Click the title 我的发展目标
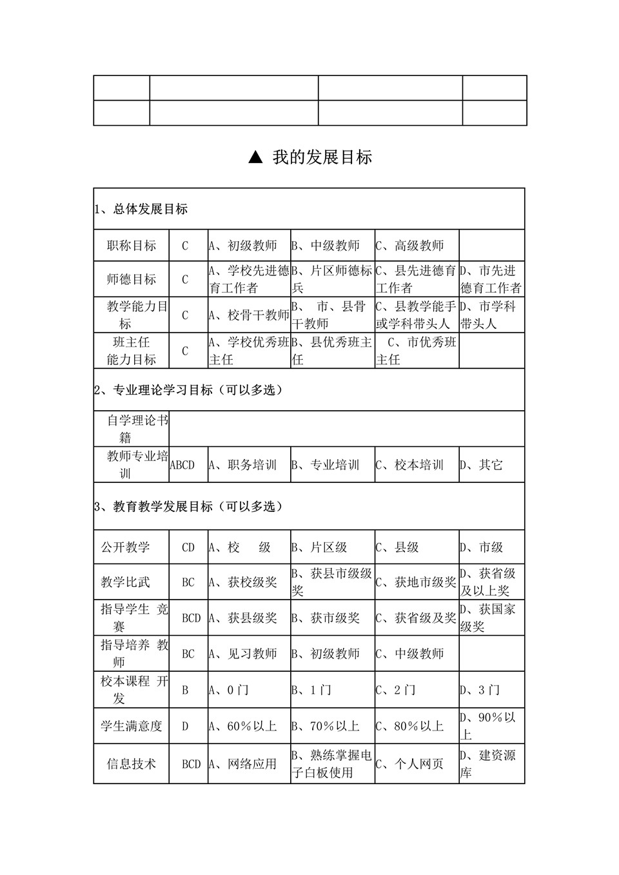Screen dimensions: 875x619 (x=322, y=157)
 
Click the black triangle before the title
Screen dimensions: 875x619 (x=255, y=157)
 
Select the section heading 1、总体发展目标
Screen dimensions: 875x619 (x=141, y=209)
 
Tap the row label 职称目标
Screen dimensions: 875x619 (x=132, y=246)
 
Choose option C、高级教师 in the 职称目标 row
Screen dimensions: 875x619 (x=410, y=246)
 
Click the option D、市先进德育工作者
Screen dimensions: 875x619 (x=491, y=279)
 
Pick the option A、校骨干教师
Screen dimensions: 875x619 (x=249, y=315)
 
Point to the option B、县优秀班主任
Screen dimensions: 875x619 (x=332, y=351)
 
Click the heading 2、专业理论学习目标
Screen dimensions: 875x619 (x=188, y=390)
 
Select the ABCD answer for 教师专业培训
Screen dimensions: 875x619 (x=182, y=465)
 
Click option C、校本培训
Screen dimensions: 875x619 (x=410, y=465)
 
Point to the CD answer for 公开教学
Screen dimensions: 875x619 (x=188, y=547)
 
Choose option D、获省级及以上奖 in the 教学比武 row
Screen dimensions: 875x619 (x=491, y=582)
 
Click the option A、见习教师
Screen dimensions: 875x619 (x=243, y=654)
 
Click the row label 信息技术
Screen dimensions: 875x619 (x=132, y=764)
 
